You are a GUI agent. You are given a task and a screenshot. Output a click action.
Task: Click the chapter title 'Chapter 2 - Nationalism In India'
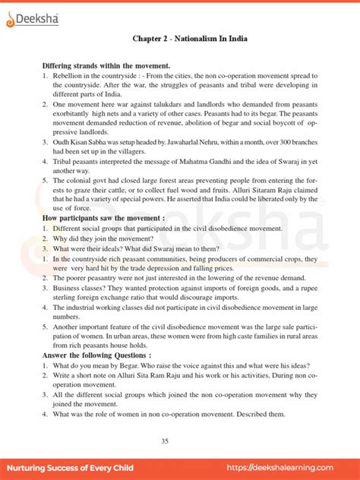coord(180,39)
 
